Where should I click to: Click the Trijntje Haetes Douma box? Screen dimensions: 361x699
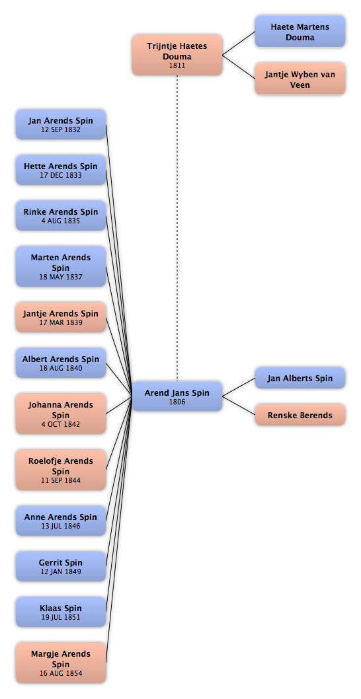point(177,55)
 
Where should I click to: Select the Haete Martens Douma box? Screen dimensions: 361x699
point(300,32)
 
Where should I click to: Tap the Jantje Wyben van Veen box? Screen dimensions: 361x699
point(300,79)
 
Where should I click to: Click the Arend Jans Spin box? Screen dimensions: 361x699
point(177,396)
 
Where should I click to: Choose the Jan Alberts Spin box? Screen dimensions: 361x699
point(300,378)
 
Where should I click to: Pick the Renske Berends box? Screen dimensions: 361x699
point(300,415)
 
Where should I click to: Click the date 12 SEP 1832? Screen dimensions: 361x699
point(61,129)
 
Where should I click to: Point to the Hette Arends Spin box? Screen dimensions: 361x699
point(61,170)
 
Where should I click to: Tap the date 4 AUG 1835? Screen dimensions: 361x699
point(61,221)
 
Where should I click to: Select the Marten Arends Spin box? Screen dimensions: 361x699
point(61,266)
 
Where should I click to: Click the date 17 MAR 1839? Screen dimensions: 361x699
point(61,322)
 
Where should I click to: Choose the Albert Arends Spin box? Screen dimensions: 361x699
point(61,363)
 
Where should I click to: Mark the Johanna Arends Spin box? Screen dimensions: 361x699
point(61,414)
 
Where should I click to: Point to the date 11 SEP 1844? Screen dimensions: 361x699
point(61,480)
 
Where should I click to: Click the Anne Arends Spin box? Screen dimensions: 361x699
point(61,521)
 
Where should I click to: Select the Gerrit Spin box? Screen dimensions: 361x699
point(61,566)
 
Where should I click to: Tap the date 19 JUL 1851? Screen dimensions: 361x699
point(61,618)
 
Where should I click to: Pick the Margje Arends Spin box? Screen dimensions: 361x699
point(61,663)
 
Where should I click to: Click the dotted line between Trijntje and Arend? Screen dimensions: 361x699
point(177,228)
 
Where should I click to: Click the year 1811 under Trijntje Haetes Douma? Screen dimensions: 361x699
point(177,65)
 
